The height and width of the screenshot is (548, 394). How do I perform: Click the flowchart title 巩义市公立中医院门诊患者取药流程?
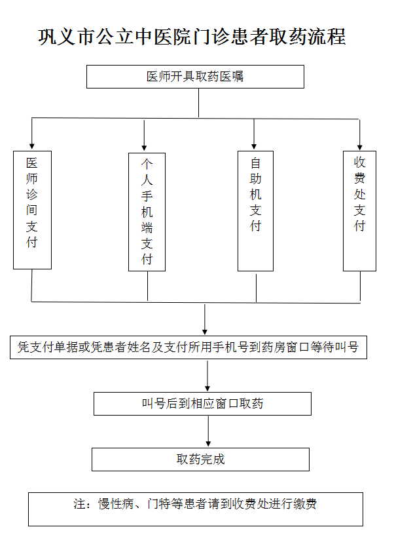(x=192, y=36)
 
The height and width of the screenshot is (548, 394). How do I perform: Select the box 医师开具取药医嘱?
(x=195, y=77)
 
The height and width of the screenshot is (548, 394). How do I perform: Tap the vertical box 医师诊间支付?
(x=32, y=210)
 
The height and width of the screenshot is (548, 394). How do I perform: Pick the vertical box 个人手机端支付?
(x=147, y=212)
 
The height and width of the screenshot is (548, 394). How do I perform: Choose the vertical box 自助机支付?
(x=255, y=210)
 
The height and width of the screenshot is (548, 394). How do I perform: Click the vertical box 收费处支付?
(x=359, y=210)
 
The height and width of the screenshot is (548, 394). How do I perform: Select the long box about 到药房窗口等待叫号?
(x=188, y=347)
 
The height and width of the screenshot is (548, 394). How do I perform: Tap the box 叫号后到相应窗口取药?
(x=202, y=404)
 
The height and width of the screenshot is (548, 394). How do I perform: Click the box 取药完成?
(x=200, y=460)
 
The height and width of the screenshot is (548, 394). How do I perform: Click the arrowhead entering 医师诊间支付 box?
(x=32, y=146)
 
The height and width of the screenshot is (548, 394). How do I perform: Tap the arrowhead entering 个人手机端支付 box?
(x=144, y=148)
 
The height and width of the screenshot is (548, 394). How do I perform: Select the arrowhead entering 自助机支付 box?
(x=254, y=146)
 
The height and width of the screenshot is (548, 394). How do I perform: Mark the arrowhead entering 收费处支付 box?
(x=360, y=147)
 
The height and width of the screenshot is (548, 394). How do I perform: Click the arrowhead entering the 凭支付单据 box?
(x=205, y=332)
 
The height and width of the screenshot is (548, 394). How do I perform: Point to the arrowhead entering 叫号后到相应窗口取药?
(x=207, y=388)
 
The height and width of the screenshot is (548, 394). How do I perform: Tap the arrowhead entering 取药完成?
(x=208, y=444)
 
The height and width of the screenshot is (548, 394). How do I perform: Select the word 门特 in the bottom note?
(x=159, y=504)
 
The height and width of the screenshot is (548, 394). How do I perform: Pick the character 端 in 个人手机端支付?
(x=147, y=227)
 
